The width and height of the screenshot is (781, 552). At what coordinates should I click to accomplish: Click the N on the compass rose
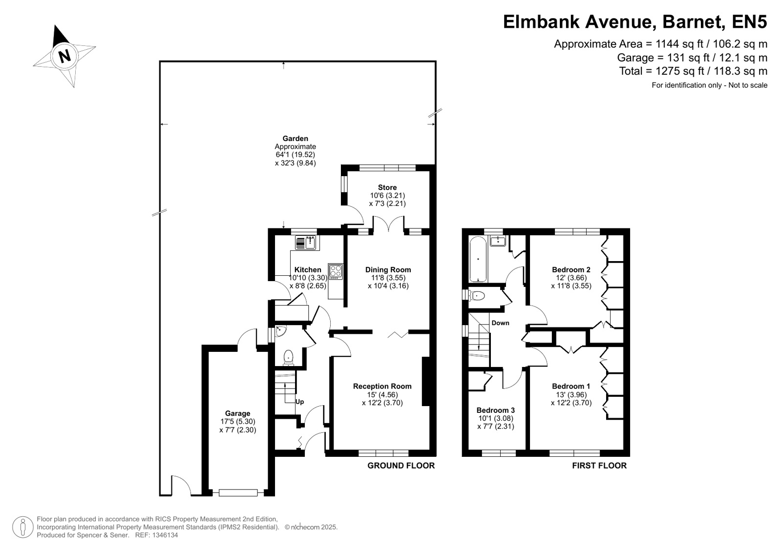64,56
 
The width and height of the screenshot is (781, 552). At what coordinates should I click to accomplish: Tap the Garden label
296,138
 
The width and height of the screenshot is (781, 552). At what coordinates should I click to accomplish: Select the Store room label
387,187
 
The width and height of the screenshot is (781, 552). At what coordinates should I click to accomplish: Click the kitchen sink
306,243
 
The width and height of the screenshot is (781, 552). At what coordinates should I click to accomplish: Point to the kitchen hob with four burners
336,271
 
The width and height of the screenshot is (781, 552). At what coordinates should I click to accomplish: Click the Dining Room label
388,270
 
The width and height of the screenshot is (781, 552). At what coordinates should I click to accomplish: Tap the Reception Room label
382,386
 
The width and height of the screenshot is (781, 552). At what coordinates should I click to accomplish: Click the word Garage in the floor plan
237,413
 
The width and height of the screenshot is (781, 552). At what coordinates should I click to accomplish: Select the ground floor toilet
288,358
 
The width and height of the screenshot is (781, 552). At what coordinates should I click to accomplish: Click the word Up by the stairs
299,402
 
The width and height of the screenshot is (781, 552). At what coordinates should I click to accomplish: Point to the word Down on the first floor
500,323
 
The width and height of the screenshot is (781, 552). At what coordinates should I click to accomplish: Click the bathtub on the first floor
478,259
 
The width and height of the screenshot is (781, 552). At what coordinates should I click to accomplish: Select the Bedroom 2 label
571,270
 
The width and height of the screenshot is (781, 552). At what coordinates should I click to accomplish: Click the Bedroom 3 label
495,410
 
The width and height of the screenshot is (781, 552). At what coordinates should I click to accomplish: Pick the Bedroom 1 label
571,386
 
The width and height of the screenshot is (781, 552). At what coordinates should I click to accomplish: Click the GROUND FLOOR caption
401,466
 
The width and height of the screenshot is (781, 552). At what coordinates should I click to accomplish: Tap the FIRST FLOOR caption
599,466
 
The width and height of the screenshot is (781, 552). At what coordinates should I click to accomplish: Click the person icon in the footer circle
23,527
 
